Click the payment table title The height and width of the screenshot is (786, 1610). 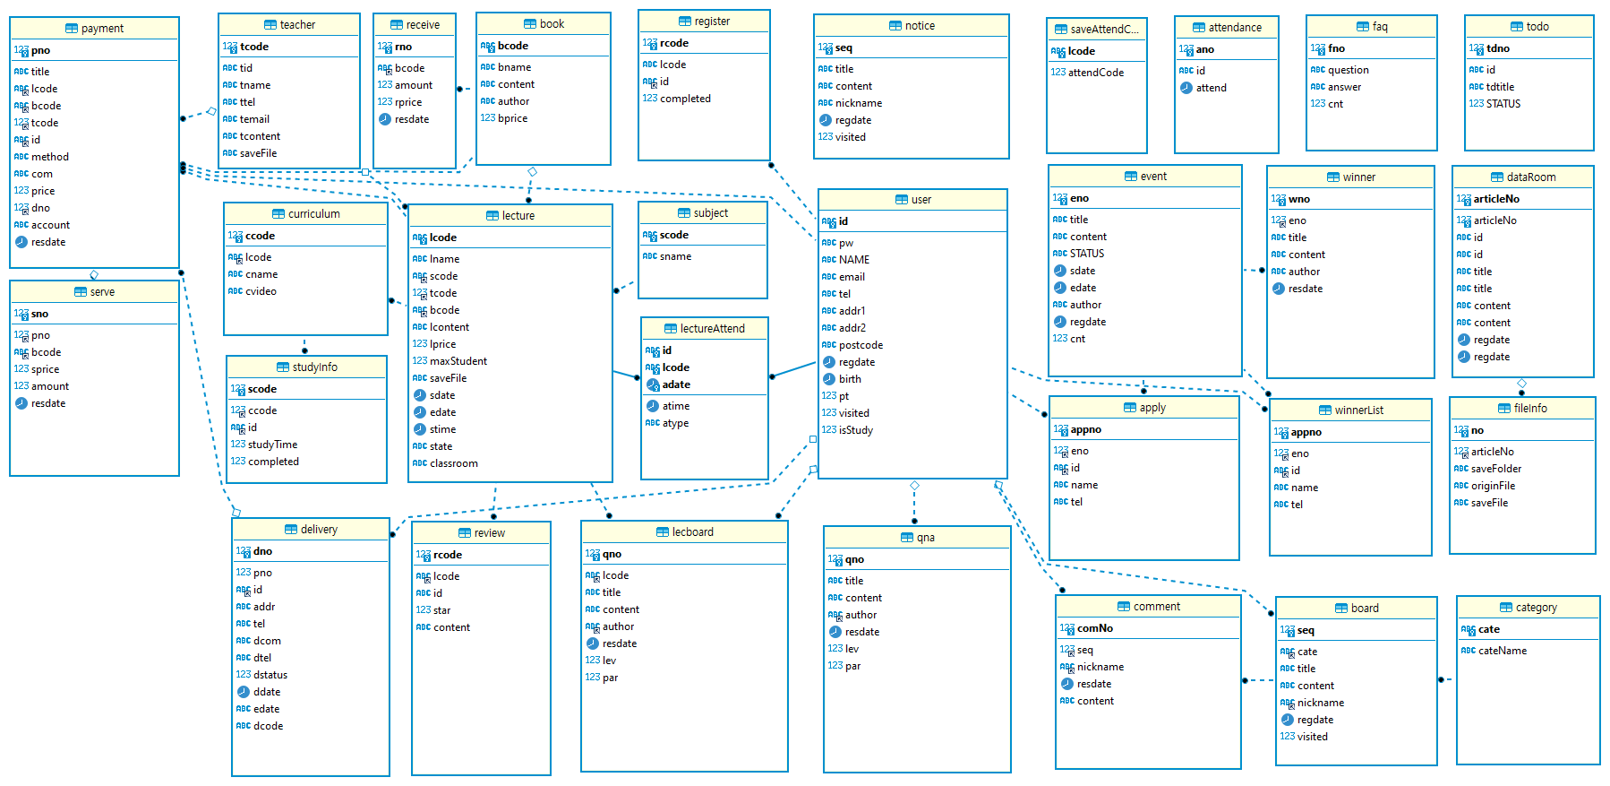click(x=102, y=29)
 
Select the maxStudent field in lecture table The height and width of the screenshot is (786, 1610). click(x=458, y=361)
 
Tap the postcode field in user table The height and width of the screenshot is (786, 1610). click(x=861, y=345)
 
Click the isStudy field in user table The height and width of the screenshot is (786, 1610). click(x=855, y=430)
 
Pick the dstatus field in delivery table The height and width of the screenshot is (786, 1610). click(x=270, y=675)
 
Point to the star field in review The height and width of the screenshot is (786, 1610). click(x=441, y=610)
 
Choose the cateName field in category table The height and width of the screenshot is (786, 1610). click(x=1502, y=651)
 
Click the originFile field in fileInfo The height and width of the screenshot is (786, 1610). click(x=1493, y=486)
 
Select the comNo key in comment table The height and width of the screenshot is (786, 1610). click(x=1094, y=628)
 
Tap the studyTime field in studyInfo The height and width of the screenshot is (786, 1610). click(x=272, y=445)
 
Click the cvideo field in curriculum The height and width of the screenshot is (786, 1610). click(x=261, y=291)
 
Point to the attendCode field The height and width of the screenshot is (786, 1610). click(x=1095, y=73)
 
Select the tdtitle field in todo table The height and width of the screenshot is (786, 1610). click(x=1500, y=87)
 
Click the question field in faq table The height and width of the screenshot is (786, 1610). click(x=1348, y=70)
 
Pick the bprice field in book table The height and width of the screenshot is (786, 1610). click(x=512, y=118)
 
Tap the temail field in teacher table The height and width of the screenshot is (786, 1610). click(x=254, y=119)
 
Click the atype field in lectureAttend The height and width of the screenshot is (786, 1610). click(x=675, y=423)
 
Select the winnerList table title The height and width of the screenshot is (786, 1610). click(x=1358, y=410)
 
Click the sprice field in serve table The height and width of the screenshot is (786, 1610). click(x=45, y=369)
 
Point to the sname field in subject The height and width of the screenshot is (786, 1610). click(x=675, y=256)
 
